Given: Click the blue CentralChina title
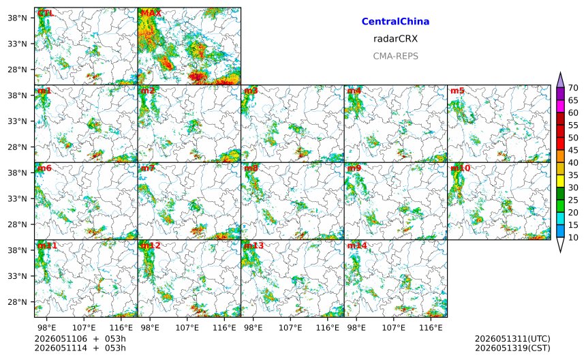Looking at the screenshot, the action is coord(395,22).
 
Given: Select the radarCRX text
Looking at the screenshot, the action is coord(395,39).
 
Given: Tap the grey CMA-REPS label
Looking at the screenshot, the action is coord(395,56).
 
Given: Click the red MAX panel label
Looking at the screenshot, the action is coord(151,14).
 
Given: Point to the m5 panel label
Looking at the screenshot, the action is coord(457,91).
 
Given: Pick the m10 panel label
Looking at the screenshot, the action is coord(461,168).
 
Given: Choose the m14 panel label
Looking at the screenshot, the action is coord(357,245).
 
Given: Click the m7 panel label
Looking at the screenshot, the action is coord(148,168).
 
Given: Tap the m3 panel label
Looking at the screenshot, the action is coord(251,91).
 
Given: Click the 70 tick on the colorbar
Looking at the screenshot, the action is coord(573,88).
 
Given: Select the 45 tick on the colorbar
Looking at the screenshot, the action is coord(573,150).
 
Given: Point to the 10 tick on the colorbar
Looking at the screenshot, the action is coord(573,237).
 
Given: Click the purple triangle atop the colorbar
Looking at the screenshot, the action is coord(560,80).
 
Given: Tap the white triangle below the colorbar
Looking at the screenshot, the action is coord(560,245).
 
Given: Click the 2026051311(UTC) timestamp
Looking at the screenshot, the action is coord(512,339).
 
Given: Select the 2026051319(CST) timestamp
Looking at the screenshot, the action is coord(512,348).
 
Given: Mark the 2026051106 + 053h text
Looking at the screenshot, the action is coord(80,339).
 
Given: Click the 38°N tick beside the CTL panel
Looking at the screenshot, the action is coord(18,18).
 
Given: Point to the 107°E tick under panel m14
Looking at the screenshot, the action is coord(394,328).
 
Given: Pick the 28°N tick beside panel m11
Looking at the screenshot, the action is coord(18,301).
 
